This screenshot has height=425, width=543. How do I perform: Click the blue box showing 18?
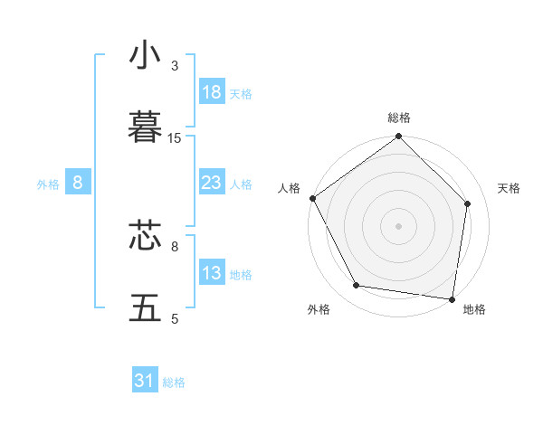pos(211,92)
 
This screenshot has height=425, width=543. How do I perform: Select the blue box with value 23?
pos(211,183)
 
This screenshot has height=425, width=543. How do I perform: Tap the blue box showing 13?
pos(211,273)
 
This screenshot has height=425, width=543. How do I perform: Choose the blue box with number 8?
pos(78,183)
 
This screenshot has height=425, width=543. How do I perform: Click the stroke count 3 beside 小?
pos(175,66)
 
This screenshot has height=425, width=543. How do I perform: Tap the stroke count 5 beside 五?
pos(175,318)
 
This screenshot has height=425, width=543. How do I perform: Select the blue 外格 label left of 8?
pos(48,184)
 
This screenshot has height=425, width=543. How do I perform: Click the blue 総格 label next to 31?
pos(174,382)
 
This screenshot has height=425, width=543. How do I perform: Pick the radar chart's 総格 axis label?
pos(399,118)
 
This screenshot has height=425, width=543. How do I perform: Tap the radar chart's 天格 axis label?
pos(509,188)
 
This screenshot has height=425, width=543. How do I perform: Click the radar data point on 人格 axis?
pos(312,198)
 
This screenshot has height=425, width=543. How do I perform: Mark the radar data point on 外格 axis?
pos(357,286)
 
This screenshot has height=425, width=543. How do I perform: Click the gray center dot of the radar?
pos(399,226)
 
